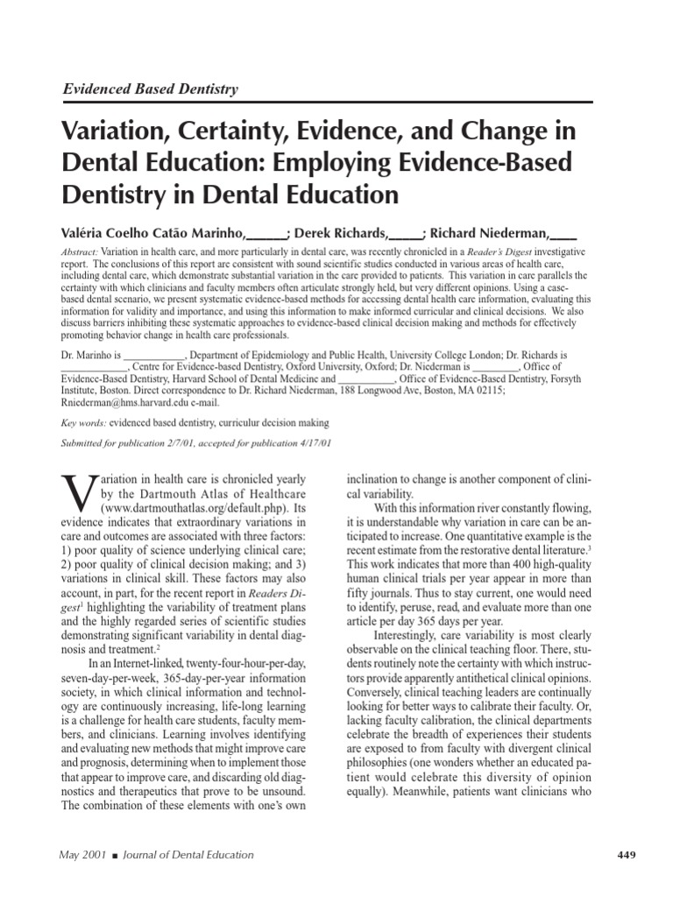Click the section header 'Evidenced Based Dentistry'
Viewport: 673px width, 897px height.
pos(148,88)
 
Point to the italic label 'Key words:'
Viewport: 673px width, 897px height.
pos(82,421)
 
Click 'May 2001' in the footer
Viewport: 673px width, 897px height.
pos(81,854)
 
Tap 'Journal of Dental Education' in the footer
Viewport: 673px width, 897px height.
pos(188,854)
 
